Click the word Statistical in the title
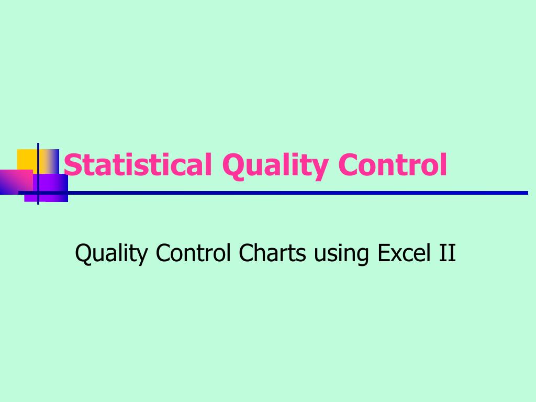point(138,165)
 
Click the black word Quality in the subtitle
point(112,254)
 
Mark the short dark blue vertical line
point(38,173)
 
